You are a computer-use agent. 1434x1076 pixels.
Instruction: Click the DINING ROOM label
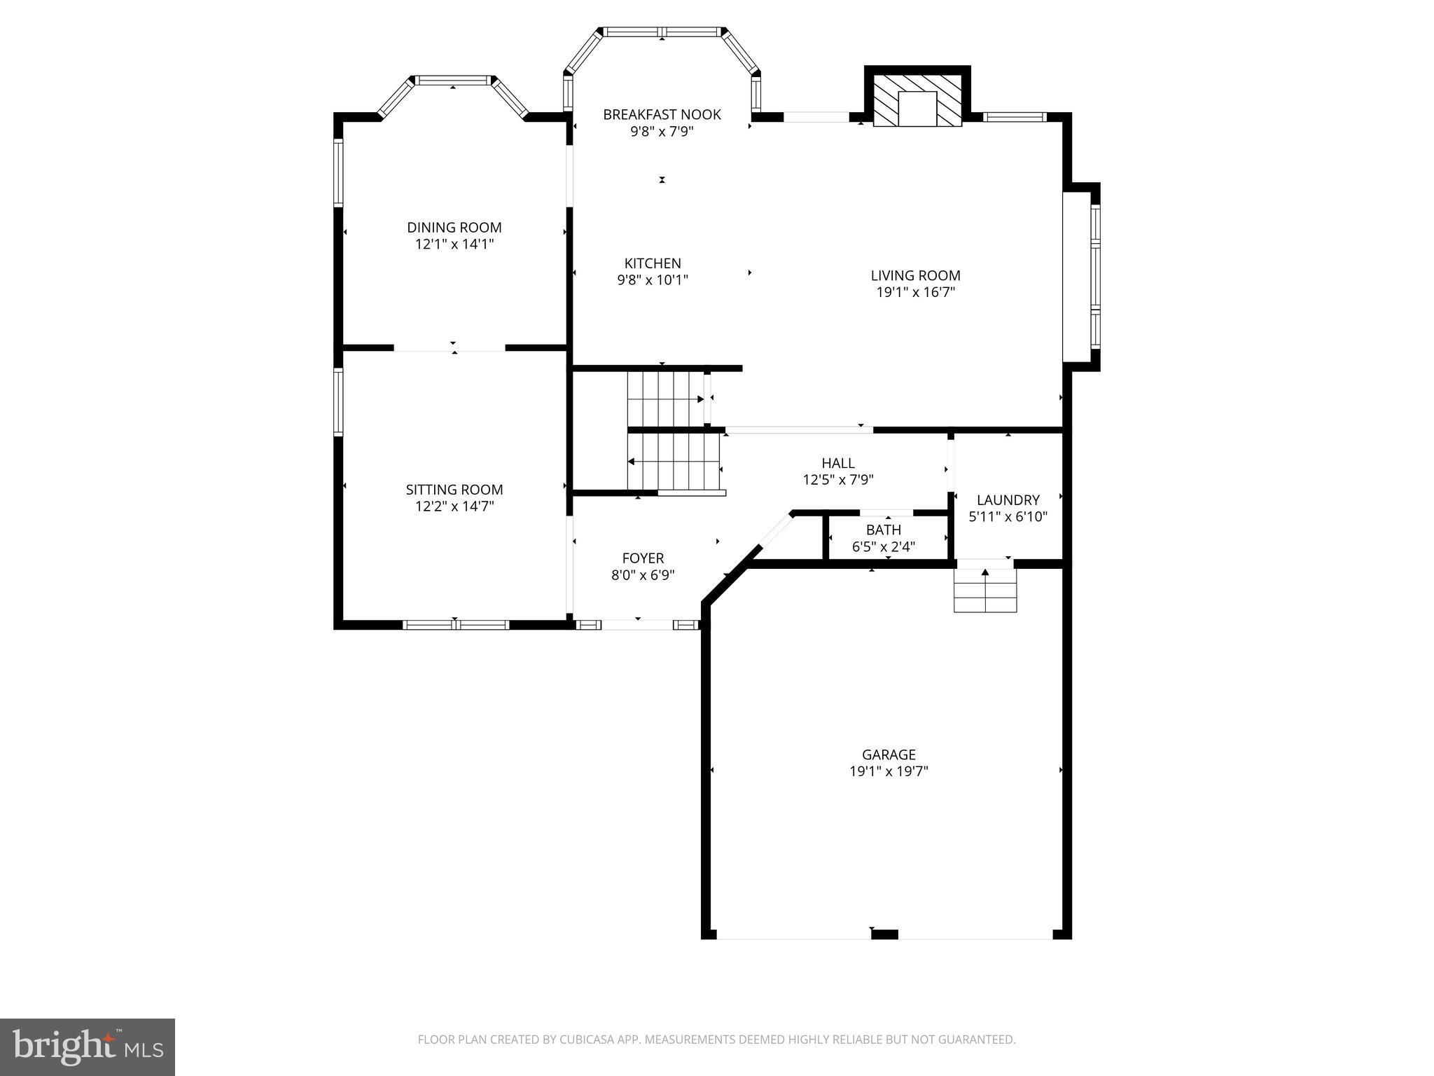(454, 228)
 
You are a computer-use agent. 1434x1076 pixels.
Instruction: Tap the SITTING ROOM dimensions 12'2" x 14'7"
(454, 506)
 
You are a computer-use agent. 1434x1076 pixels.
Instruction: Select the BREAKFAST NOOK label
(662, 114)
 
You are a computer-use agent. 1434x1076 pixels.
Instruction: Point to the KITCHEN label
(653, 263)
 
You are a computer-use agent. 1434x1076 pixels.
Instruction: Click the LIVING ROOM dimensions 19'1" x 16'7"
(915, 293)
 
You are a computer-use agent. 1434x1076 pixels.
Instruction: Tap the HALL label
(837, 463)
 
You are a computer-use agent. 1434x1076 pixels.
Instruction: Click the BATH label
(883, 530)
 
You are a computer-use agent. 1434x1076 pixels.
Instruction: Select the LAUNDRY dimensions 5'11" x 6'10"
(1008, 517)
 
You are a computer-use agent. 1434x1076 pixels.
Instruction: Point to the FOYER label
(643, 558)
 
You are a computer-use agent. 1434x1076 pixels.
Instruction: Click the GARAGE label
(889, 754)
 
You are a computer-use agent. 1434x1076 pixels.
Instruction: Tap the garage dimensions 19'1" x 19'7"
(889, 771)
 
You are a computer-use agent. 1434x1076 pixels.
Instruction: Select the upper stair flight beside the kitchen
(665, 399)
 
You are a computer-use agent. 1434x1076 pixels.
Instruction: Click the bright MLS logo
(88, 1047)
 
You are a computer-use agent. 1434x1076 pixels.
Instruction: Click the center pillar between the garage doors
(884, 934)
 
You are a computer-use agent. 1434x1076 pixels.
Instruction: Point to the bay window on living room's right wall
(1094, 276)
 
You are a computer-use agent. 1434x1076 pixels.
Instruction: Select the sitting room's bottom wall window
(455, 625)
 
